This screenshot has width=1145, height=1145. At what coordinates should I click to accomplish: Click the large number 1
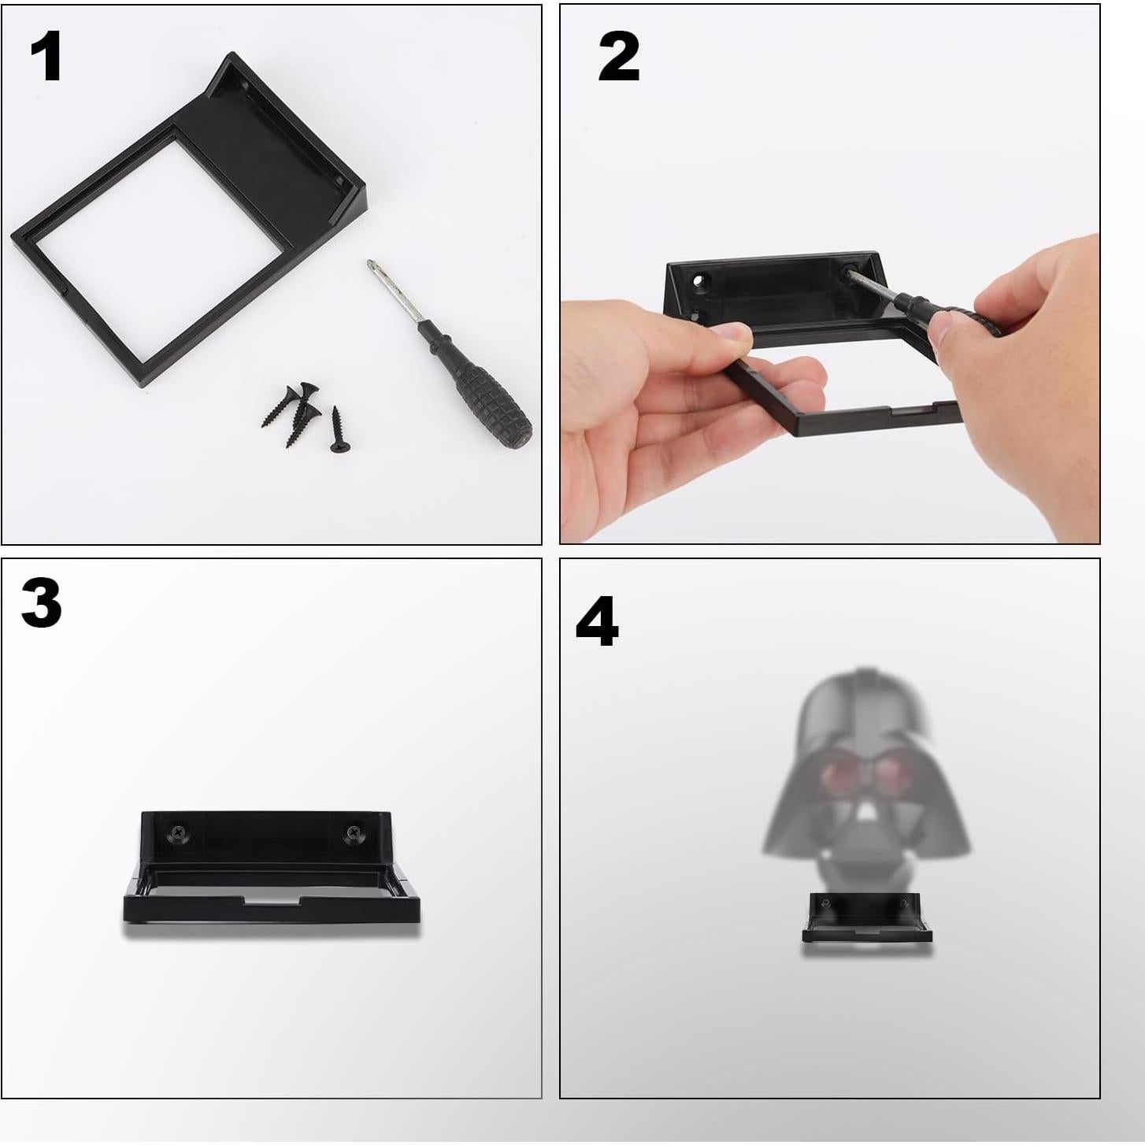coord(46,57)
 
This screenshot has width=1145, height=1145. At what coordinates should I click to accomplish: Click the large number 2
coord(618,57)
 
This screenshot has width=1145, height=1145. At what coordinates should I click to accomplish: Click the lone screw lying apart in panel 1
coord(338,430)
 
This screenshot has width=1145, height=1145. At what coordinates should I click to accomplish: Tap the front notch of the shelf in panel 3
coord(271,899)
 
